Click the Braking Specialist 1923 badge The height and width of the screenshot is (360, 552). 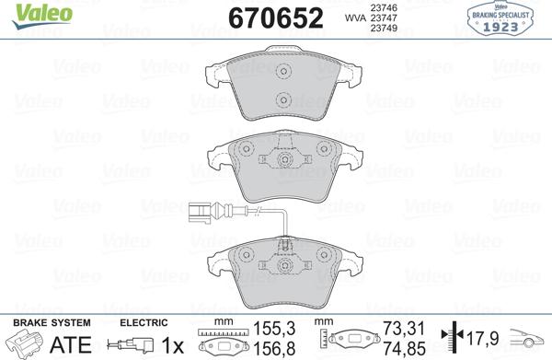(507, 18)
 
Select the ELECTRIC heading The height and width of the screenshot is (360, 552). (142, 322)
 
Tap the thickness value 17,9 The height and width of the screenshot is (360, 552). (486, 338)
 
